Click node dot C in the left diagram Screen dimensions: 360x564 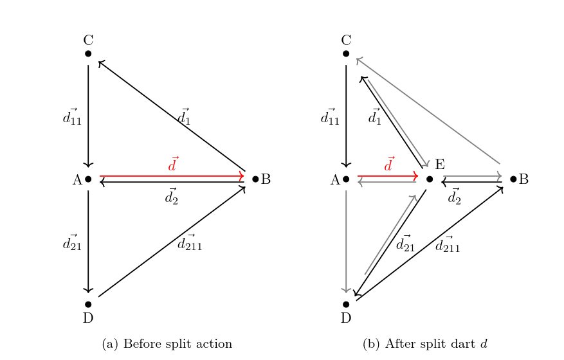tap(88, 53)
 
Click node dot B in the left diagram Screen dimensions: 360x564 tap(255, 179)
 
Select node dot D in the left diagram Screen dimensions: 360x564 tap(88, 304)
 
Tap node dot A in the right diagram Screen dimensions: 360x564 tap(346, 179)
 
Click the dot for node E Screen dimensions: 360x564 tap(430, 179)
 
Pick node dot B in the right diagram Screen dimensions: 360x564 tap(513, 179)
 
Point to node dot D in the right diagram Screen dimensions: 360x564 tap(346, 304)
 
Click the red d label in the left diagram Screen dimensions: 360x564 tap(172, 165)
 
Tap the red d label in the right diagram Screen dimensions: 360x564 tap(388, 165)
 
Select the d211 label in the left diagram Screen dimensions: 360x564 tap(189, 243)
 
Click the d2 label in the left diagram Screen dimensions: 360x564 tap(171, 197)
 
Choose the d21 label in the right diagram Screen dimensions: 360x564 tap(405, 243)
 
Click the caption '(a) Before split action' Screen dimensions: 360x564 tap(167, 345)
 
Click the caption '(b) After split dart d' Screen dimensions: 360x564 tap(425, 345)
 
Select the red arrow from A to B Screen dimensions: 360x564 tap(172, 175)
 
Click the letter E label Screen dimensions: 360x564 tap(440, 165)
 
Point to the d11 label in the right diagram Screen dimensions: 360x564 tap(329, 117)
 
